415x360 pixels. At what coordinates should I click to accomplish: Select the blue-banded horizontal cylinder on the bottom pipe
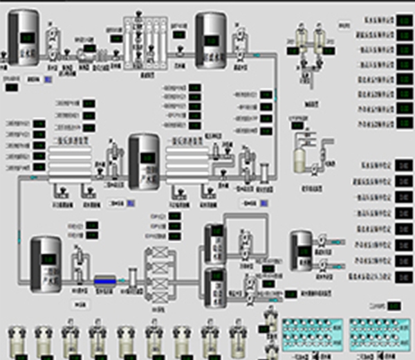105,280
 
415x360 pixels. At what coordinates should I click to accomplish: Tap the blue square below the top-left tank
47,80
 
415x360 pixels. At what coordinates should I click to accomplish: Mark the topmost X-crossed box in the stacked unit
156,253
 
